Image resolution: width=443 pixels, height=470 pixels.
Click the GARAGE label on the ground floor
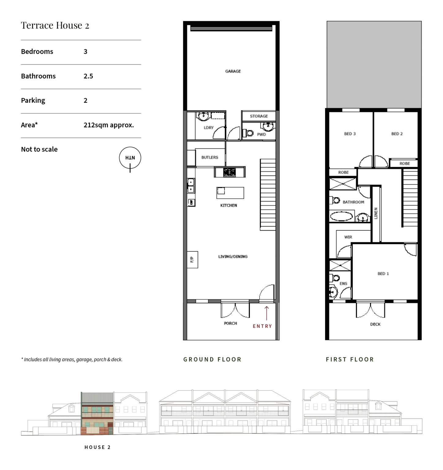[x=233, y=71]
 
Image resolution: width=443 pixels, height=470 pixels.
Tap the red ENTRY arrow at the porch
[x=266, y=313]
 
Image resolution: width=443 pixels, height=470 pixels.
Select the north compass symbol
[x=130, y=158]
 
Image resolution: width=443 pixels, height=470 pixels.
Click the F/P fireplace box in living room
[x=192, y=259]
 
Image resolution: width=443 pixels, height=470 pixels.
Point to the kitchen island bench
[x=230, y=193]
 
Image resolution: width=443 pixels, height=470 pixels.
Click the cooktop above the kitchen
[x=229, y=172]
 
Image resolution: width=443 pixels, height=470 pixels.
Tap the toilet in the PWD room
[x=249, y=133]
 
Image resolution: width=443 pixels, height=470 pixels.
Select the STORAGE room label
[x=259, y=116]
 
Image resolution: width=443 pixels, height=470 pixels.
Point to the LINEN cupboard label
[x=376, y=213]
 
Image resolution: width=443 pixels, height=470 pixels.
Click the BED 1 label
[x=383, y=274]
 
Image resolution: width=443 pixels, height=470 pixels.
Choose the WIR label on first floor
[x=348, y=237]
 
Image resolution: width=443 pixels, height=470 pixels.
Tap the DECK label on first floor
[x=375, y=324]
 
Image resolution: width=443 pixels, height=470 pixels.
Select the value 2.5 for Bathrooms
[x=88, y=76]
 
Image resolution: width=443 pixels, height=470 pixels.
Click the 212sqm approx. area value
[x=108, y=125]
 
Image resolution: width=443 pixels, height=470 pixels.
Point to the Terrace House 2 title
[x=55, y=25]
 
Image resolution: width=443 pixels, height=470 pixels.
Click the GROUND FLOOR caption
[x=212, y=360]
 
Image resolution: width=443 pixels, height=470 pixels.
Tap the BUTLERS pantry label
[x=210, y=157]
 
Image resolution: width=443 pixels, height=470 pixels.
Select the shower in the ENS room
[x=340, y=265]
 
